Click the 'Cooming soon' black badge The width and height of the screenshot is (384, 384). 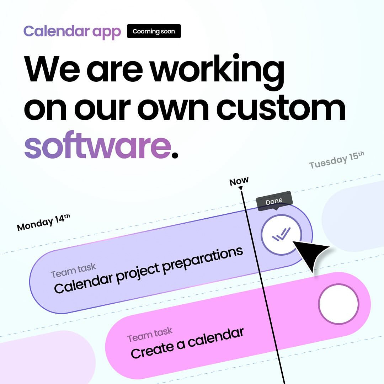tap(154, 31)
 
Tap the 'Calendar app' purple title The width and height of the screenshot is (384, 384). tap(72, 32)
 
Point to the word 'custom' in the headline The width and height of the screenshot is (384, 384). tap(281, 108)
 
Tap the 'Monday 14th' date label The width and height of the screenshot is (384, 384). tap(44, 222)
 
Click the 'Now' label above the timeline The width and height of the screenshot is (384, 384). tap(239, 181)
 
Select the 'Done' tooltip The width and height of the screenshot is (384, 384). tap(274, 201)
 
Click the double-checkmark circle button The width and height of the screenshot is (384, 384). tap(281, 235)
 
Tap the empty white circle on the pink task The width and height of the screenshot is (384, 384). tap(338, 304)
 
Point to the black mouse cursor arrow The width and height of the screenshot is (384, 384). tap(310, 254)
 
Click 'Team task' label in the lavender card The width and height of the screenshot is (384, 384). tap(73, 270)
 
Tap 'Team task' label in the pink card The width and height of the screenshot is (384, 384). tap(150, 335)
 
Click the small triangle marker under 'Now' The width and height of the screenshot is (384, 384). tap(240, 188)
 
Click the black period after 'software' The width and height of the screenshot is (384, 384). tap(175, 155)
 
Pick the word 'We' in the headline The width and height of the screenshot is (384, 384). tap(52, 69)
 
